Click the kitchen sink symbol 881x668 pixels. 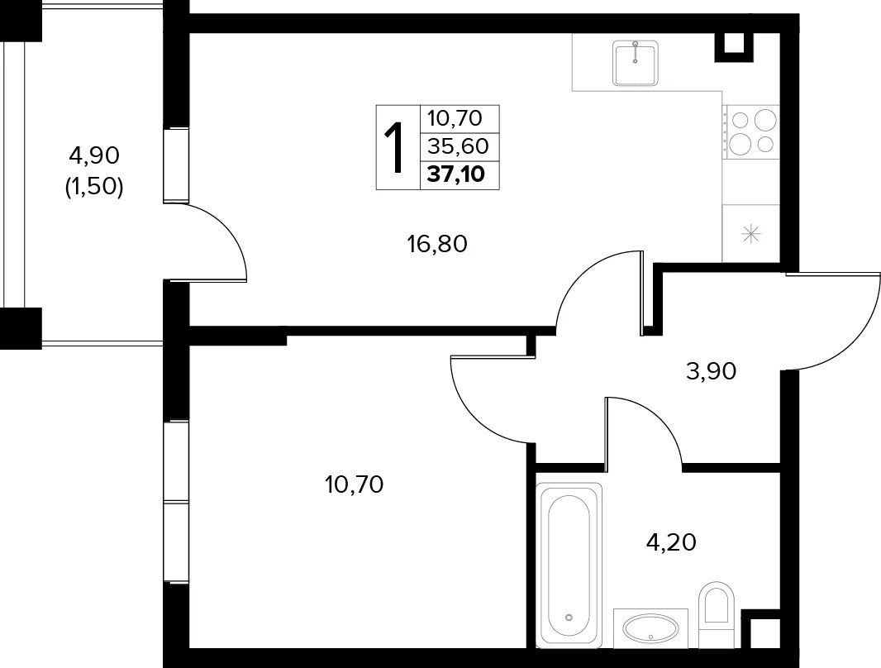(x=635, y=63)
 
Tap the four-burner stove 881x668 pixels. (x=751, y=132)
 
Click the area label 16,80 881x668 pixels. (x=437, y=245)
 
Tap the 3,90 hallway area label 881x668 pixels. (x=711, y=371)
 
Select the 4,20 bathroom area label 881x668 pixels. (x=671, y=542)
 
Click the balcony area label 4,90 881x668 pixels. (x=94, y=155)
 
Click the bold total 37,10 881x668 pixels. (x=455, y=174)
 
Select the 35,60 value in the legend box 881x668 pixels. (x=458, y=146)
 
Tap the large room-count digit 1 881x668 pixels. (x=396, y=148)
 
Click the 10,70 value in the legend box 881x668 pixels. (x=455, y=118)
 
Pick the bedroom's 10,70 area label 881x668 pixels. (x=354, y=484)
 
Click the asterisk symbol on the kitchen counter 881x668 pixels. (x=750, y=234)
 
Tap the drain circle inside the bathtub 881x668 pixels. (x=569, y=618)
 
